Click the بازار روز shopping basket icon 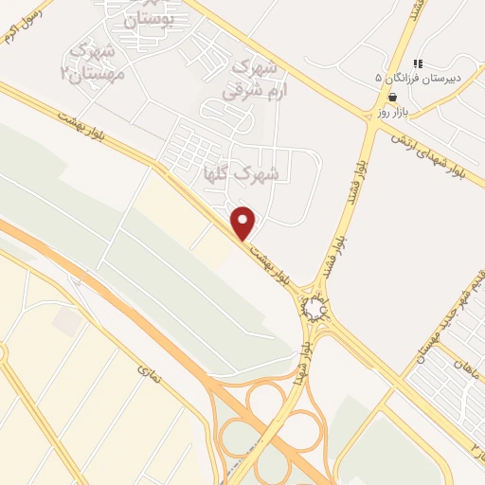pyautogui.click(x=392, y=97)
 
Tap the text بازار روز pyautogui.click(x=391, y=112)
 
